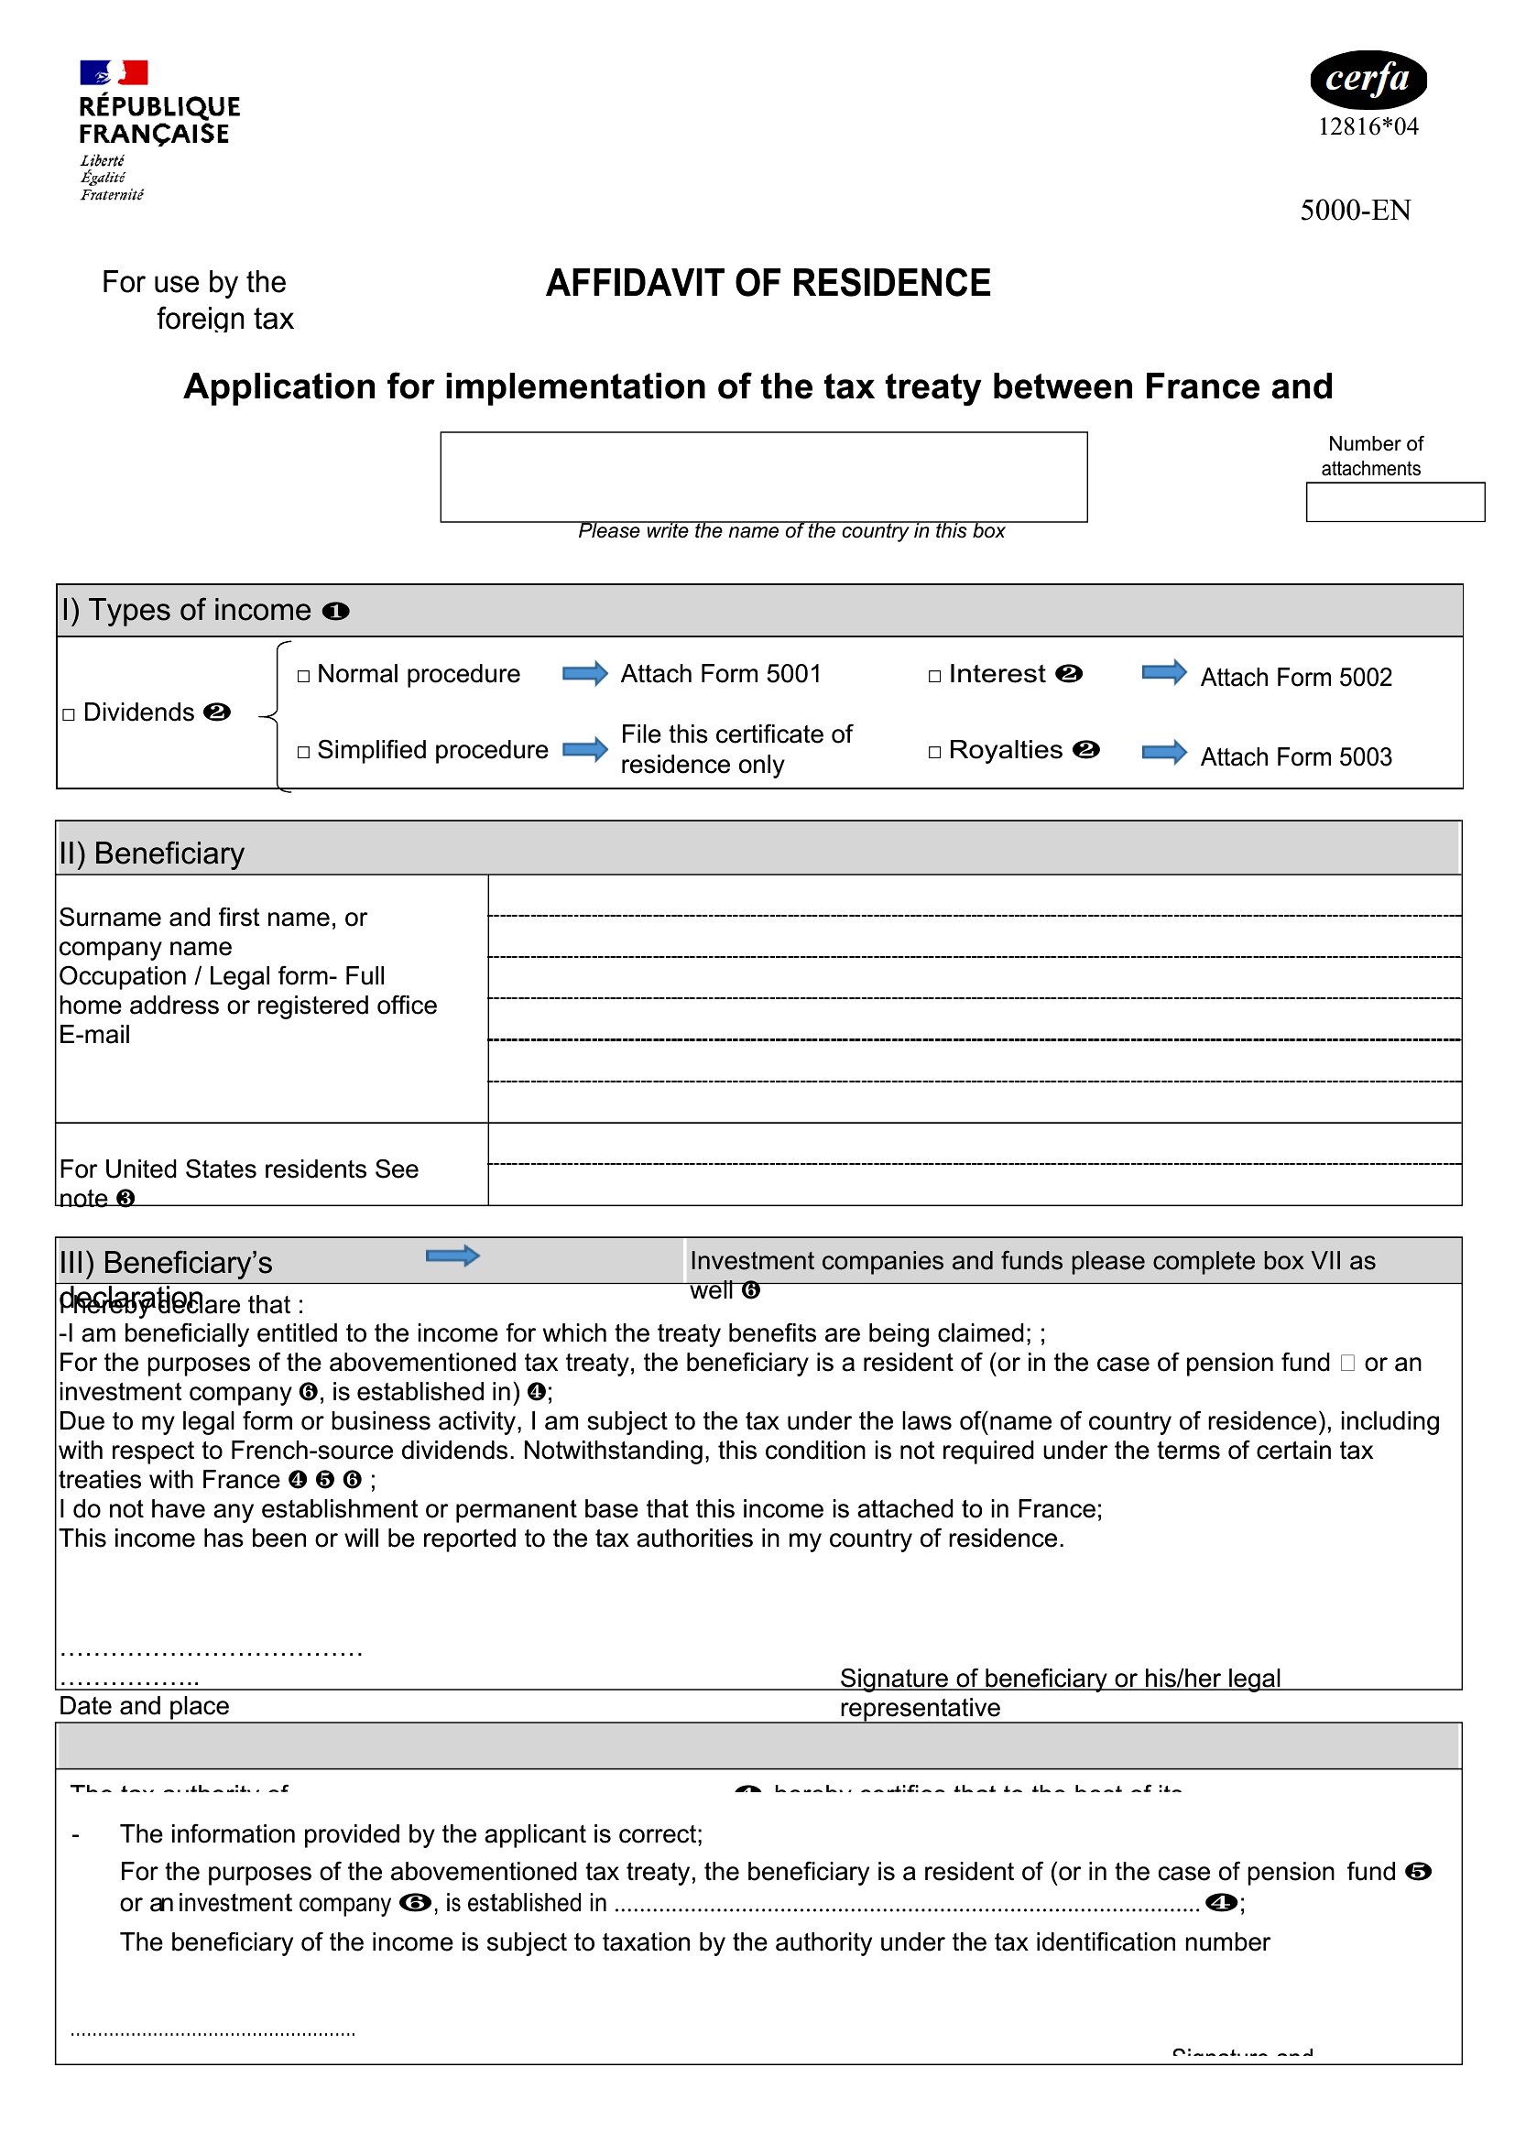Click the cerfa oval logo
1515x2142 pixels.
coord(1368,80)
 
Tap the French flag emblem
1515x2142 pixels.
coord(114,72)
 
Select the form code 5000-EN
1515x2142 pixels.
coord(1355,210)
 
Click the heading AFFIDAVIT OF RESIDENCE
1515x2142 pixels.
coord(768,284)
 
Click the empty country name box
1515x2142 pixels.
coord(763,477)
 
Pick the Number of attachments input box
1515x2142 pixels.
coord(1395,502)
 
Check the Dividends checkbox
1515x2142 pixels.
coord(68,714)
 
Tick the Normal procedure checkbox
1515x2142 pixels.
coord(303,676)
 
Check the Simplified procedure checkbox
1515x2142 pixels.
coord(303,752)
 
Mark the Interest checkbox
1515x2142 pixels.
coord(933,676)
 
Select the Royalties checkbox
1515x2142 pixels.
coord(933,752)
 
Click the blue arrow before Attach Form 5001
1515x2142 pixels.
coord(585,674)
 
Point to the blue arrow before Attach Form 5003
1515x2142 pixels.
coord(1164,752)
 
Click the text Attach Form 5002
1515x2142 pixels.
coord(1295,678)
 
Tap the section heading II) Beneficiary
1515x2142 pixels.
coord(152,854)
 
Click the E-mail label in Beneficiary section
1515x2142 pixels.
coord(94,1035)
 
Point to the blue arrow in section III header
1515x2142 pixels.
coord(452,1256)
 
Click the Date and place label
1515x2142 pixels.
coord(144,1705)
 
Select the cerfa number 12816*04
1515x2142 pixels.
coord(1368,127)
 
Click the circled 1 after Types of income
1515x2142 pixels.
coord(335,611)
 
